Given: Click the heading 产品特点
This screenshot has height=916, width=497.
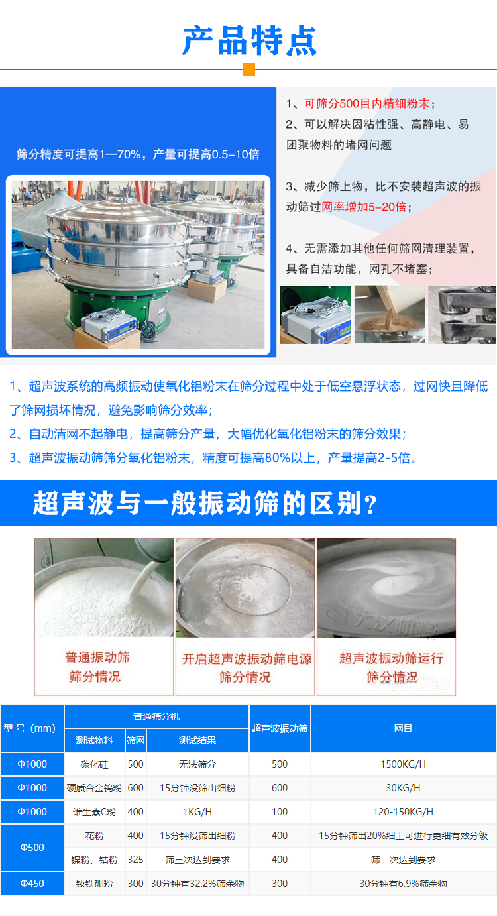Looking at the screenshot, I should (249, 40).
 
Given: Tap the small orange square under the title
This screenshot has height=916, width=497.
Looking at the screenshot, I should (248, 70).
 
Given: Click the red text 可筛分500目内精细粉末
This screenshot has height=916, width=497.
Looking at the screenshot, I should (366, 103).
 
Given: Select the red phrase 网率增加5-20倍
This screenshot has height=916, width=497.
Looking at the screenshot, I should (364, 207).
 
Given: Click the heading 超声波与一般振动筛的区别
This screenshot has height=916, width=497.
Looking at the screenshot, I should (205, 504).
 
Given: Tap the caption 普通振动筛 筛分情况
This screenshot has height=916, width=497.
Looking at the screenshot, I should (97, 667).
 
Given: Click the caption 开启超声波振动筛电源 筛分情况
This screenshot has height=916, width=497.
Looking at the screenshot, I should (246, 667).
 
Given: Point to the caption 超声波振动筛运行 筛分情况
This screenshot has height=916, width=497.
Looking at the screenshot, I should (391, 667).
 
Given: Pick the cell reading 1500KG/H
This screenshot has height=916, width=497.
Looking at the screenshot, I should (403, 764).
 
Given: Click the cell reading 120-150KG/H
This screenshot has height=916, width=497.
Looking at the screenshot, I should (403, 812).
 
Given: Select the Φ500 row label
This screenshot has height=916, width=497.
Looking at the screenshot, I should (32, 848).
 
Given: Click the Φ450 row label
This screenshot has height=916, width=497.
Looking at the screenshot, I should (32, 884).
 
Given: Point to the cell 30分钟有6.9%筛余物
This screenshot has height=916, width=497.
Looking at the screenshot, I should (403, 884).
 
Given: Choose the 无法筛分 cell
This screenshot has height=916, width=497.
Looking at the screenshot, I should (197, 764).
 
